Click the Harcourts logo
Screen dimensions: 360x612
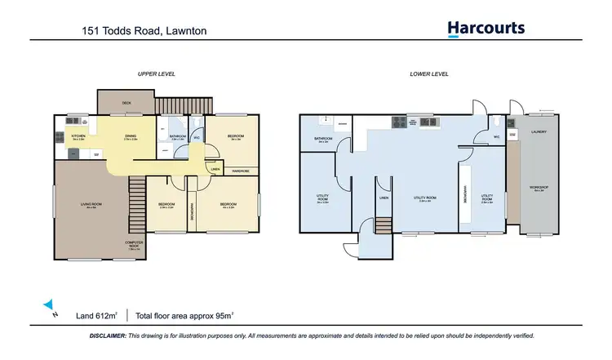[486, 29]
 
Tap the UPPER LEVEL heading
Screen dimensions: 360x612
[156, 73]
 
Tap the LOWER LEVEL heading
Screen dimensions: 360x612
[428, 73]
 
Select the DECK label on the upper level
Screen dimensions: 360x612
[126, 103]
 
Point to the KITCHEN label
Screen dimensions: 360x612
[78, 136]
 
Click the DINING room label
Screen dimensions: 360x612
[131, 136]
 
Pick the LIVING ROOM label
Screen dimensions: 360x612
[90, 204]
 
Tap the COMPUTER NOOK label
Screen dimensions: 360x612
[135, 244]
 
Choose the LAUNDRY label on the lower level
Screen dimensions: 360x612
[539, 131]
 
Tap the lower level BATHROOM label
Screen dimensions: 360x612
[323, 139]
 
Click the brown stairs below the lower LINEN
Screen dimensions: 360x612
[383, 224]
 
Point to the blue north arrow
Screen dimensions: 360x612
[49, 304]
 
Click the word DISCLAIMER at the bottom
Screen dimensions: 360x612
[108, 336]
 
